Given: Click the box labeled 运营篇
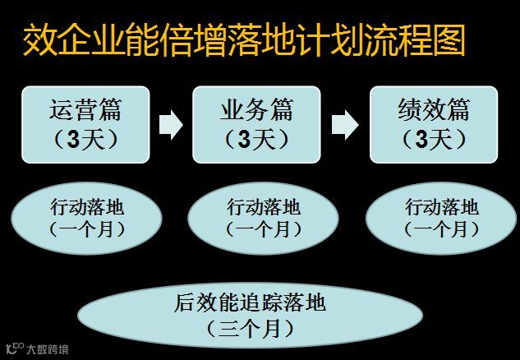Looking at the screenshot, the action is pyautogui.click(x=85, y=123).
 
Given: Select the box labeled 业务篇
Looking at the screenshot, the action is pyautogui.click(x=256, y=123).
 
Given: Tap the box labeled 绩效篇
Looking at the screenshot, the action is pyautogui.click(x=434, y=123).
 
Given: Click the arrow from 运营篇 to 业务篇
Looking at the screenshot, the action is pyautogui.click(x=170, y=124).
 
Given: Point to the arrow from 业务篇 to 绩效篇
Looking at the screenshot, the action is pyautogui.click(x=345, y=124).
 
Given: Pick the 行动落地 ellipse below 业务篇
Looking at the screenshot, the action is pyautogui.click(x=263, y=218).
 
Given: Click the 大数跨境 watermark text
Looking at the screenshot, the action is pyautogui.click(x=48, y=349).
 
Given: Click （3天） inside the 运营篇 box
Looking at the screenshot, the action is pyautogui.click(x=85, y=140).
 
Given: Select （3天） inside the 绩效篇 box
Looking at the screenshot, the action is pyautogui.click(x=434, y=140).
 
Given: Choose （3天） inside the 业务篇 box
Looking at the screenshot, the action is pyautogui.click(x=256, y=140).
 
